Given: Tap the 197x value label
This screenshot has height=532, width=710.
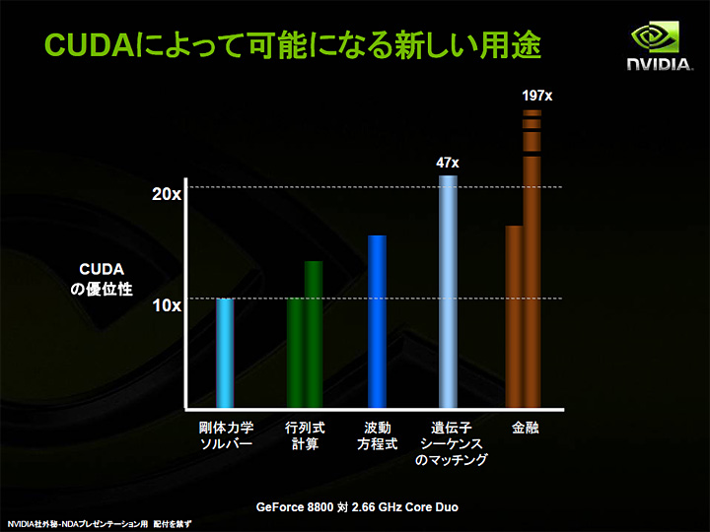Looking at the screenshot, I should [535, 96].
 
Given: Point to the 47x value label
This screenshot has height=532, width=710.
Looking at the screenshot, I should [448, 163].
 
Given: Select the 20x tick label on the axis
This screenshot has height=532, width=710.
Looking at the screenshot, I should [167, 195].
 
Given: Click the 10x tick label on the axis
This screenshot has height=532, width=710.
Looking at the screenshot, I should [167, 306].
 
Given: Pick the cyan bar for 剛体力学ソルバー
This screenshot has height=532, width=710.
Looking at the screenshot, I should [225, 353].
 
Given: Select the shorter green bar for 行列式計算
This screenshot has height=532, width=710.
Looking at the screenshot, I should [296, 353].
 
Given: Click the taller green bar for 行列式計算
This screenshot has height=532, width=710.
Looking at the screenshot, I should [314, 334].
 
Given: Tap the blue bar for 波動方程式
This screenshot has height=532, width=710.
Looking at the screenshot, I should [377, 321].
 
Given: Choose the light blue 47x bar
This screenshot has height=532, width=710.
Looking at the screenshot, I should [448, 291].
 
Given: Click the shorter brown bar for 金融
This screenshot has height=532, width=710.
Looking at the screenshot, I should [514, 316].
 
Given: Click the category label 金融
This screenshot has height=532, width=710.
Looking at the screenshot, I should [525, 430].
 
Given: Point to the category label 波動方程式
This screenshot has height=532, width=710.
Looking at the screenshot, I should [377, 436].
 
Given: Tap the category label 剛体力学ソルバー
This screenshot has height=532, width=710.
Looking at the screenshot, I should [226, 436].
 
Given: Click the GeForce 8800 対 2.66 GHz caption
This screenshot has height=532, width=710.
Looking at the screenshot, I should [357, 507].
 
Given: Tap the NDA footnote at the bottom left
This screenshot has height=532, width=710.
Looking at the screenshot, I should [99, 523].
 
